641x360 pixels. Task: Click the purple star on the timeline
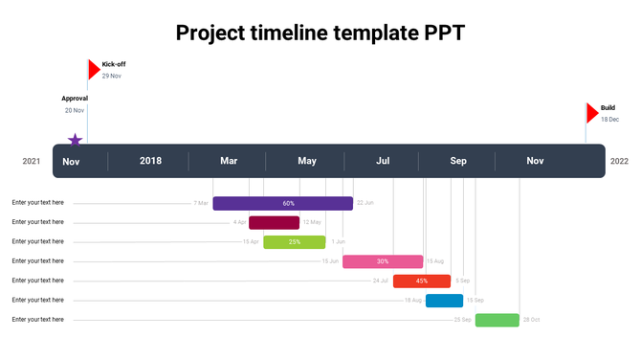tap(75, 140)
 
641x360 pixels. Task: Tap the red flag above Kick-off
tap(94, 69)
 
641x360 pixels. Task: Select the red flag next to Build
tap(592, 113)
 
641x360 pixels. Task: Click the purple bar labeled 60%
tap(282, 203)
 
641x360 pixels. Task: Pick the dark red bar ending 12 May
tap(274, 222)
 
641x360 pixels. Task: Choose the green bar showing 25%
tap(295, 241)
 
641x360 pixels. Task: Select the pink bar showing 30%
tap(382, 261)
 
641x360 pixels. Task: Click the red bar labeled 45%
tap(421, 281)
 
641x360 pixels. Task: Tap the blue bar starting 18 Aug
tap(444, 301)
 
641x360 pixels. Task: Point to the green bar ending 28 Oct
tap(497, 320)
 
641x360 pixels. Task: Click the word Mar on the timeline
tap(229, 161)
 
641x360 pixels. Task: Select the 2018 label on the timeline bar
tap(150, 161)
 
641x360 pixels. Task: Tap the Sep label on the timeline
tap(458, 161)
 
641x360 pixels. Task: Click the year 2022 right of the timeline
tap(619, 161)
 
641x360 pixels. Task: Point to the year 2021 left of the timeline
tap(32, 161)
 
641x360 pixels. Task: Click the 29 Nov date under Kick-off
tap(112, 76)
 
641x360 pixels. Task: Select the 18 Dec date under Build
tap(609, 120)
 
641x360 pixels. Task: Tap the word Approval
tap(75, 99)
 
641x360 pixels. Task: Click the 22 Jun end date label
tap(365, 203)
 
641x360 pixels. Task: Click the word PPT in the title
tap(438, 34)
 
